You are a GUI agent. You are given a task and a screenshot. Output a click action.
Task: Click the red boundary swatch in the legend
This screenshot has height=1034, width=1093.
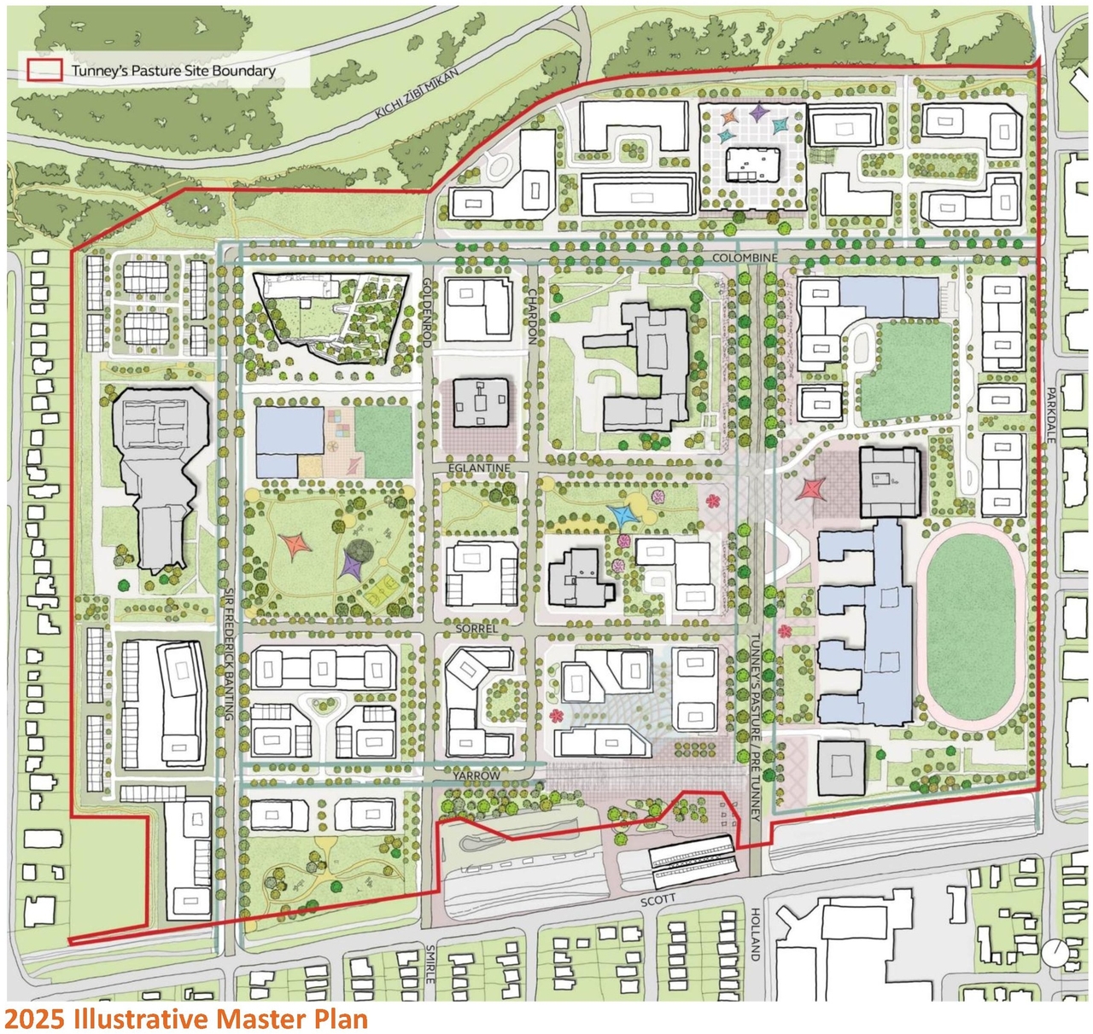[45, 71]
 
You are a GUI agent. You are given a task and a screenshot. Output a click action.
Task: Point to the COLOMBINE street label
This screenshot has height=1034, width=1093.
[745, 258]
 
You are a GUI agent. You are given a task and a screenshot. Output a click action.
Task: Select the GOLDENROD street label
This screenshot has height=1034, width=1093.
[427, 311]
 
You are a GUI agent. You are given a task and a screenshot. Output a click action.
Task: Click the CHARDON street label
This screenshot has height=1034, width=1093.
[532, 316]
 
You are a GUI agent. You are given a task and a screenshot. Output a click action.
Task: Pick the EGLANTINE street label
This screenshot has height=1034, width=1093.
[479, 468]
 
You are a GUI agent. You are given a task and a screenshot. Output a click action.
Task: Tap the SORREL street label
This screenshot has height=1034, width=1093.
[476, 629]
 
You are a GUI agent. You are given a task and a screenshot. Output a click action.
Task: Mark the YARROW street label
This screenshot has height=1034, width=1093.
[476, 775]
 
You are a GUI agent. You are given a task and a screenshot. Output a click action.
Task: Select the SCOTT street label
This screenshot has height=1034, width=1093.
[658, 900]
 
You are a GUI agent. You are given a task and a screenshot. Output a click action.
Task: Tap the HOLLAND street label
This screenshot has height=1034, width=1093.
[755, 934]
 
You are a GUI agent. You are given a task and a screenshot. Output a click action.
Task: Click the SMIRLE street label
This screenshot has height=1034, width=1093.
[430, 964]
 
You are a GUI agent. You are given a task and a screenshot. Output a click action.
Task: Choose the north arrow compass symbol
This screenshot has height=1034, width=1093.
[1055, 952]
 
